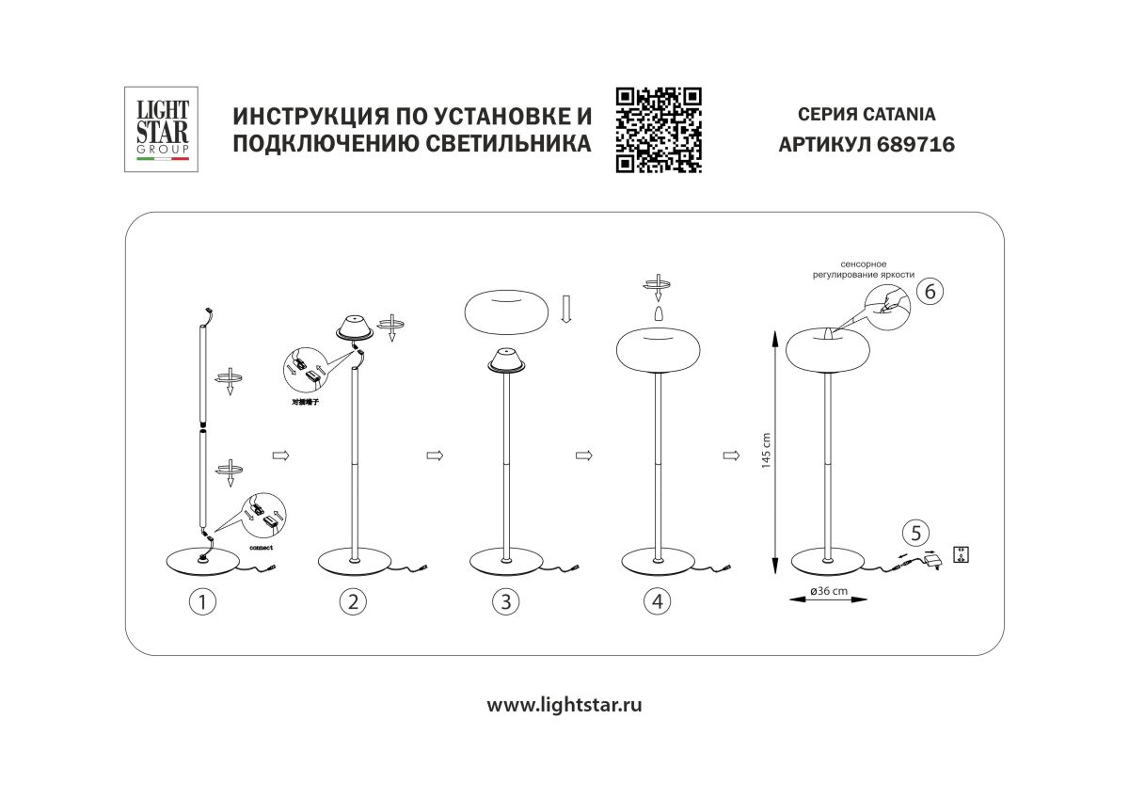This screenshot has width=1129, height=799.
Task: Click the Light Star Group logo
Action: point(158,130)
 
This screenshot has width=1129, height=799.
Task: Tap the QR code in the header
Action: point(659,130)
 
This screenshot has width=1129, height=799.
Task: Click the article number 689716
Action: point(902,145)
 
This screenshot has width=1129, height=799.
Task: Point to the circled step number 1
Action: point(200,601)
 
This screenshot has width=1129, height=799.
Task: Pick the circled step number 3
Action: point(505,601)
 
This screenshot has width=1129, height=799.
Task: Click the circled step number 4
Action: point(658,601)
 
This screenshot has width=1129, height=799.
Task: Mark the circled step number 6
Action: point(929,292)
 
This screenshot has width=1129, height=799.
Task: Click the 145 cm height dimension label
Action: point(766,450)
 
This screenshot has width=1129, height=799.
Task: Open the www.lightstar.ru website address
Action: point(564,704)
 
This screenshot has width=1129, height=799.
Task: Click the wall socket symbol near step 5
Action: point(962,553)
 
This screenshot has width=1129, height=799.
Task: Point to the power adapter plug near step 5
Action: point(934,561)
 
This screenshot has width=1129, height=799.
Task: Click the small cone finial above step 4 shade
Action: point(658,311)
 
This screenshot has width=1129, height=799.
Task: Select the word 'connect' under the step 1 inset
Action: point(262,547)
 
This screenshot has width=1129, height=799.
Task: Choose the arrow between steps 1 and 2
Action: point(279,455)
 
